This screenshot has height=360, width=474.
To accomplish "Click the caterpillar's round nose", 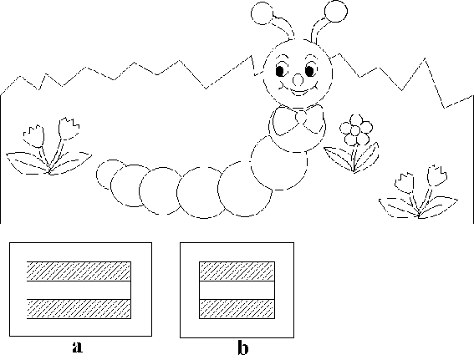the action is click(x=298, y=80).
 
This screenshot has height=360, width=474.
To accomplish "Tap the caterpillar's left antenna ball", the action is click(x=262, y=13).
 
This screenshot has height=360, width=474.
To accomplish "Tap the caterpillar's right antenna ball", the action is click(x=336, y=11).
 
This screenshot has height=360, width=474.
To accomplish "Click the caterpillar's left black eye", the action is click(x=280, y=71).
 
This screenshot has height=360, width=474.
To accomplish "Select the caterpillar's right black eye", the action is click(x=309, y=71).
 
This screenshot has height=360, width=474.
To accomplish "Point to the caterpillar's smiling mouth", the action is click(x=298, y=90).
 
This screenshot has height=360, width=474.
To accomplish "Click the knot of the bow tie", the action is click(x=301, y=117).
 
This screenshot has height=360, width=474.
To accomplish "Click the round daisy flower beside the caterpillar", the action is click(x=356, y=130).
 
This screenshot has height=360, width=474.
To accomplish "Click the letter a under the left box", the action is click(x=78, y=347).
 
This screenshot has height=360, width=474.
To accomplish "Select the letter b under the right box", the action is click(x=243, y=347).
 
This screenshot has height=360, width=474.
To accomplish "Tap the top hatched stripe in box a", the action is click(x=79, y=271).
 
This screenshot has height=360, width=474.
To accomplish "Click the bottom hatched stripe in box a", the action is click(x=79, y=309).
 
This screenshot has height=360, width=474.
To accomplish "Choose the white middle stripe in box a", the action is click(x=79, y=290).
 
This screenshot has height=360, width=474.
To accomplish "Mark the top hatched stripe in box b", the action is click(x=237, y=271).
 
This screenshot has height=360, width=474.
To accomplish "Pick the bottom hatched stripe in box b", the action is click(x=237, y=309).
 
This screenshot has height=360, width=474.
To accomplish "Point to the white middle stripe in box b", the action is click(x=237, y=290).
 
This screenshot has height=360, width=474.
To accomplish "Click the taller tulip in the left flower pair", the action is click(x=69, y=129).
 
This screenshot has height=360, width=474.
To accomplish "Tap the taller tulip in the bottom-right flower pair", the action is click(x=437, y=175).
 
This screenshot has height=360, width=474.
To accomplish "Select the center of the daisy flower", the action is click(x=355, y=130).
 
